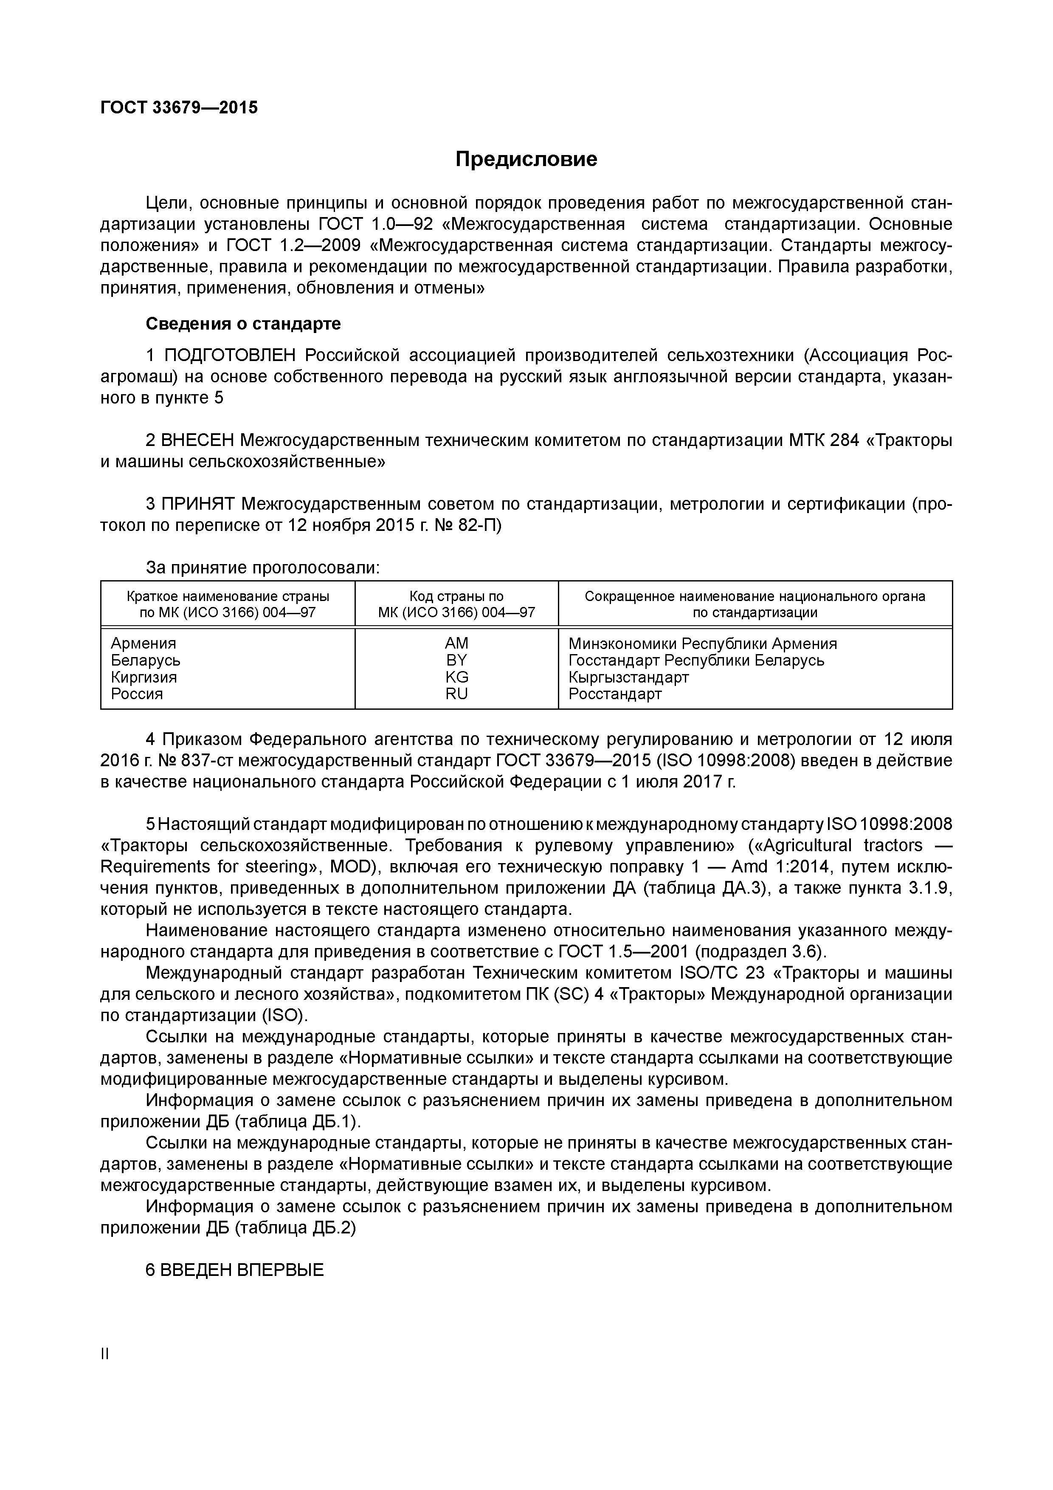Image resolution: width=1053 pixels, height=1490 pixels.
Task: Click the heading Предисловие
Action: point(526,159)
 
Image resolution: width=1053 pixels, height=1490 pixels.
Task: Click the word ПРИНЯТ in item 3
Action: point(198,504)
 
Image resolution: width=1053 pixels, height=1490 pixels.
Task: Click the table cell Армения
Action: point(144,643)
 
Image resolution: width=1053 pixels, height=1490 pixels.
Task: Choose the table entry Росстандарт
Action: point(615,694)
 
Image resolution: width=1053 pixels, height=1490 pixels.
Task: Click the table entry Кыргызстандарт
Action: point(629,677)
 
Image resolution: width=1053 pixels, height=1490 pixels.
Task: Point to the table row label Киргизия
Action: point(144,677)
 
